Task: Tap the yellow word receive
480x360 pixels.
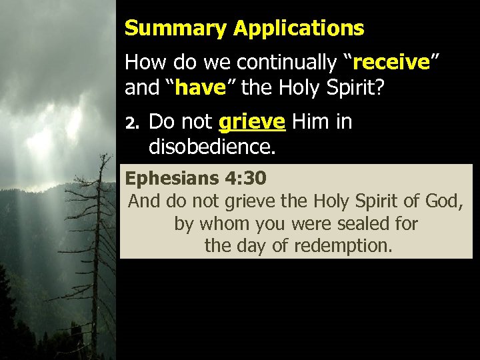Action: coord(391,63)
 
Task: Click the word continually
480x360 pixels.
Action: coord(287,63)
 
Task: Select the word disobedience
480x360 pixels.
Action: coord(211,146)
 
